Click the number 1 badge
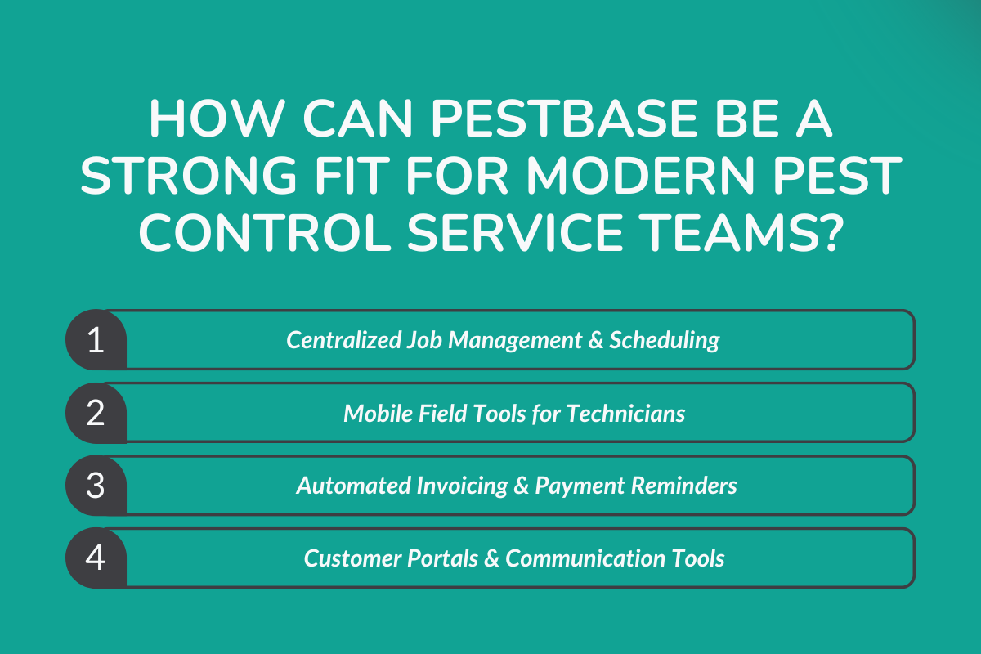96,340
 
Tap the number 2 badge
96,413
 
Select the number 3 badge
96,486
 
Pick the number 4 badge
96,558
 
